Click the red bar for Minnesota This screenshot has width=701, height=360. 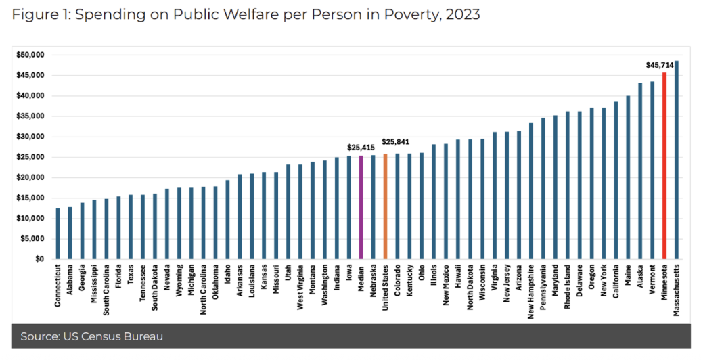(x=664, y=166)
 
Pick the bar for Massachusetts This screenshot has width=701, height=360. (x=676, y=160)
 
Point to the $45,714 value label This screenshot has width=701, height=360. (x=658, y=66)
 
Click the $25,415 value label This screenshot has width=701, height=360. (x=361, y=147)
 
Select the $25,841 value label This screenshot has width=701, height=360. (x=396, y=142)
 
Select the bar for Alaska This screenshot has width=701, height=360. (x=639, y=171)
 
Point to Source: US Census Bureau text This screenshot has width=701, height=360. (x=91, y=336)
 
